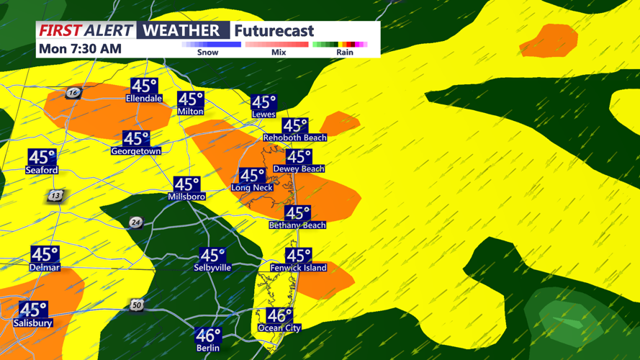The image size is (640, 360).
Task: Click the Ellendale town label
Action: coord(144,98)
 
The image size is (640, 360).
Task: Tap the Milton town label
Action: coord(191,111)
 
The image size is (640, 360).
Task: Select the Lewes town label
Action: coord(263,114)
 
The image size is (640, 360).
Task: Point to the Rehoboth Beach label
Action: coord(295,137)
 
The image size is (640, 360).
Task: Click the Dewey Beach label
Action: coord(299,168)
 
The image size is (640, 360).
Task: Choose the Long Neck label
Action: coord(252,187)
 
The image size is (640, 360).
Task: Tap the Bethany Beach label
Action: coord(297,225)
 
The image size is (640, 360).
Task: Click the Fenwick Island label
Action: coord(298,267)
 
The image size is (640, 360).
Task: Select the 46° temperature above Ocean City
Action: coord(279,316)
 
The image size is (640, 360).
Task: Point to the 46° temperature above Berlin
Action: coord(208,336)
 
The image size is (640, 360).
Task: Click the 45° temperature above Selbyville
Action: coord(212,256)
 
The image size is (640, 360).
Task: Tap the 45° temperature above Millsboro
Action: coord(186,185)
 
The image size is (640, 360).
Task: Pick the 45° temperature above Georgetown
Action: coord(136,139)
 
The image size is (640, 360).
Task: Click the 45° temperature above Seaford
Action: coord(42,158)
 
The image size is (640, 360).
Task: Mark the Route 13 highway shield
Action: coord(55,195)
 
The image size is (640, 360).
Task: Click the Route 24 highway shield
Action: coord(135,222)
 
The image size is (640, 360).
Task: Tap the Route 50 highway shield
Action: coord(136,306)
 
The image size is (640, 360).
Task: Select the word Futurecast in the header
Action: coord(274,31)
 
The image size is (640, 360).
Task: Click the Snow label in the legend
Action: coord(207,52)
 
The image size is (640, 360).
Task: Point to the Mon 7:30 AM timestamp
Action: coord(80,49)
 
